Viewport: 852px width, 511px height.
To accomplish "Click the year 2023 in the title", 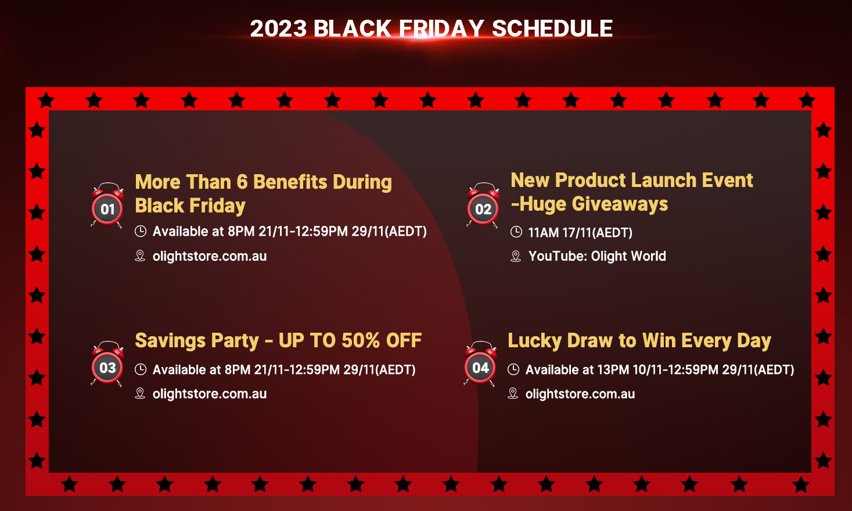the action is coord(278,28).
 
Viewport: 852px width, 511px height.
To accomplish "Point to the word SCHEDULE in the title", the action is coord(552,28).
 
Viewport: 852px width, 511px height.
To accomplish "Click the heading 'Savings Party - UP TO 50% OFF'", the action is coord(278,340).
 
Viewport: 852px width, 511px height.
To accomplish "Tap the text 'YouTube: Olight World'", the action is coord(597,256).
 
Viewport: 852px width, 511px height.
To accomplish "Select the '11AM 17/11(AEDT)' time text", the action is coord(580,232).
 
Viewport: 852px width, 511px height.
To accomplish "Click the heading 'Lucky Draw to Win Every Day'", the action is coord(639,341).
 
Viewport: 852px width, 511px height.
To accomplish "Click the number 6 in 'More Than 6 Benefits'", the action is coord(242,182).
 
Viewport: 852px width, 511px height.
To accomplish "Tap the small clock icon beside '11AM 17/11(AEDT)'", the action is coord(516,232).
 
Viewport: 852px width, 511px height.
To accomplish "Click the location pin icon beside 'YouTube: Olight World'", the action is coord(516,256).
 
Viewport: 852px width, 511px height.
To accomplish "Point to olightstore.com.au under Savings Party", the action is coord(210,394).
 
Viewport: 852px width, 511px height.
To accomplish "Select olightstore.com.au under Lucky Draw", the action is coord(580,394).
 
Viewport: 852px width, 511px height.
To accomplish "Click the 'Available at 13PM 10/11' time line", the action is coord(660,369).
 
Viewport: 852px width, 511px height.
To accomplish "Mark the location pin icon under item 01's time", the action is coord(140,256).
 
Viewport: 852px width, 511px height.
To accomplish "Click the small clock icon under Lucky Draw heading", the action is coord(513,369).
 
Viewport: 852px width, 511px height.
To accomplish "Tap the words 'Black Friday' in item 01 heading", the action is coord(190,206).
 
